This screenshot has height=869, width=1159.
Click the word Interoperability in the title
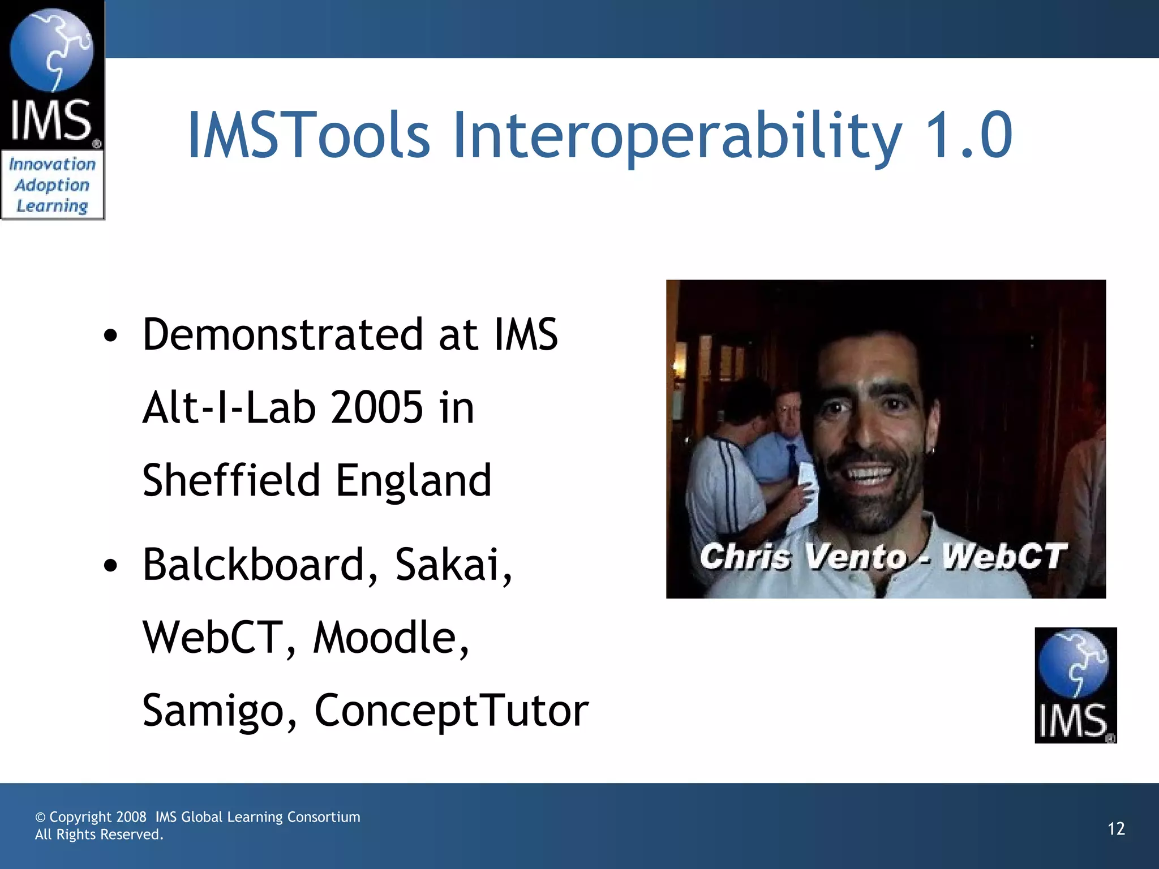(x=677, y=136)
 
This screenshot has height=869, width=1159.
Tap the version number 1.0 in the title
(x=968, y=136)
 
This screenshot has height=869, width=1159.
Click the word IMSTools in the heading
(x=309, y=136)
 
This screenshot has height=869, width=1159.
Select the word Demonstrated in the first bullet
(x=282, y=335)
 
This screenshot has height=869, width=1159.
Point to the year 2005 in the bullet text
(x=376, y=407)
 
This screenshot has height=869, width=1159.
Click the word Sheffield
(x=231, y=480)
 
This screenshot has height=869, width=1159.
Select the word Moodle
(x=390, y=638)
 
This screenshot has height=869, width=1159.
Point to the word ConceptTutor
(x=451, y=711)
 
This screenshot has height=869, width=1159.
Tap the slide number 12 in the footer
(x=1116, y=829)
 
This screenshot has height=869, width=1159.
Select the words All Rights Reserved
(x=99, y=834)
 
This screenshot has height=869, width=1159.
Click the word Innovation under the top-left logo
(x=52, y=165)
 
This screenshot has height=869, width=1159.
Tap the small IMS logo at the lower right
(x=1075, y=685)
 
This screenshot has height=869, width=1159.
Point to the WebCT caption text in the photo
(x=1004, y=556)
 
